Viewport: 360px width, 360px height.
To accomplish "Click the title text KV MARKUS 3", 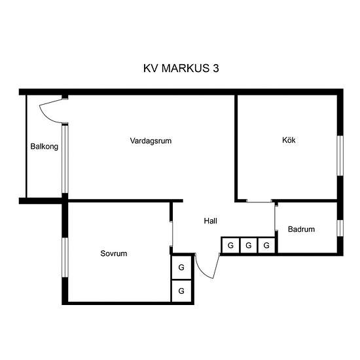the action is click(181, 68).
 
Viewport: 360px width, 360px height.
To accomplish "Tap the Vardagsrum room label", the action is click(151, 141).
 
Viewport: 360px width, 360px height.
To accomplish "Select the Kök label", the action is click(289, 140).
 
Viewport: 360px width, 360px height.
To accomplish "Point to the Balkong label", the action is click(45, 147).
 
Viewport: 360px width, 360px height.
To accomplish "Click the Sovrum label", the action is click(114, 253).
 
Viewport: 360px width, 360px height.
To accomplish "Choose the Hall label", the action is click(211, 221).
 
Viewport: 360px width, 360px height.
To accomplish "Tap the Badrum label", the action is click(301, 229).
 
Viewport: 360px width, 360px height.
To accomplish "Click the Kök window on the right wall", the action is click(340, 156).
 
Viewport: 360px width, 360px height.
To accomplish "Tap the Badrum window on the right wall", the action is click(340, 228).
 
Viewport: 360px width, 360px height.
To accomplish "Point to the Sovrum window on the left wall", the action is click(65, 257).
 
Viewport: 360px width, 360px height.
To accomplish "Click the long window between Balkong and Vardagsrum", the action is click(65, 159).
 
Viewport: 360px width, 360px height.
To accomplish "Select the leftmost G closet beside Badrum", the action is click(230, 245).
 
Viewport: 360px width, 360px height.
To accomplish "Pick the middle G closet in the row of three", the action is click(249, 245).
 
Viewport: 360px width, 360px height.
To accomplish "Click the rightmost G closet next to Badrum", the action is click(266, 245).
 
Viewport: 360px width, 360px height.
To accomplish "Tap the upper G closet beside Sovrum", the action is click(181, 267).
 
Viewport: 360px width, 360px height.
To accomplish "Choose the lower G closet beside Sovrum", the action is click(181, 291).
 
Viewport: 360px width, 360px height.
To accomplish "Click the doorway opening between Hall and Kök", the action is click(259, 201).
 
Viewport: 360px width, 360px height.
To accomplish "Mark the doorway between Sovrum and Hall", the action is click(171, 234).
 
